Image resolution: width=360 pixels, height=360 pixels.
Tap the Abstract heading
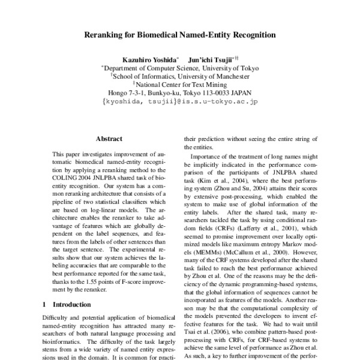(109, 139)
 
